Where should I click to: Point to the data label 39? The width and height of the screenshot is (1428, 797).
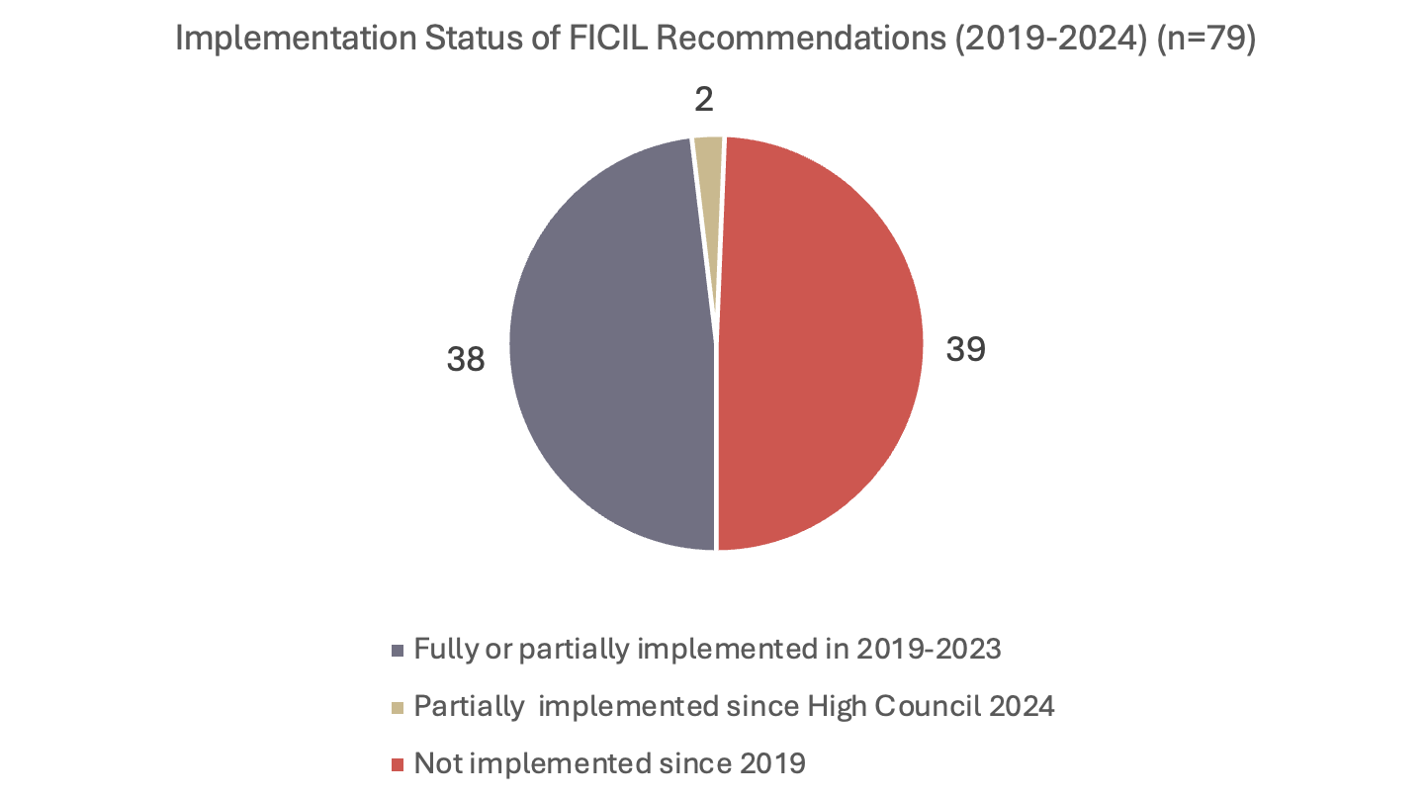(x=965, y=349)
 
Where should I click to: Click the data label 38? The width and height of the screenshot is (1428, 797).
(x=466, y=359)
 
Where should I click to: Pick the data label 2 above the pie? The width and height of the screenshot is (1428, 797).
(x=704, y=99)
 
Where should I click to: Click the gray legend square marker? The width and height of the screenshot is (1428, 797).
(x=399, y=651)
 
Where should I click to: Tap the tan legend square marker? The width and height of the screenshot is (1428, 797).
(x=399, y=708)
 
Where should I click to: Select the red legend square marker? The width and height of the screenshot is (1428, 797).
(x=399, y=765)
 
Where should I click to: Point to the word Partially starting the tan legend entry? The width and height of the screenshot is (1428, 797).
(x=470, y=707)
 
